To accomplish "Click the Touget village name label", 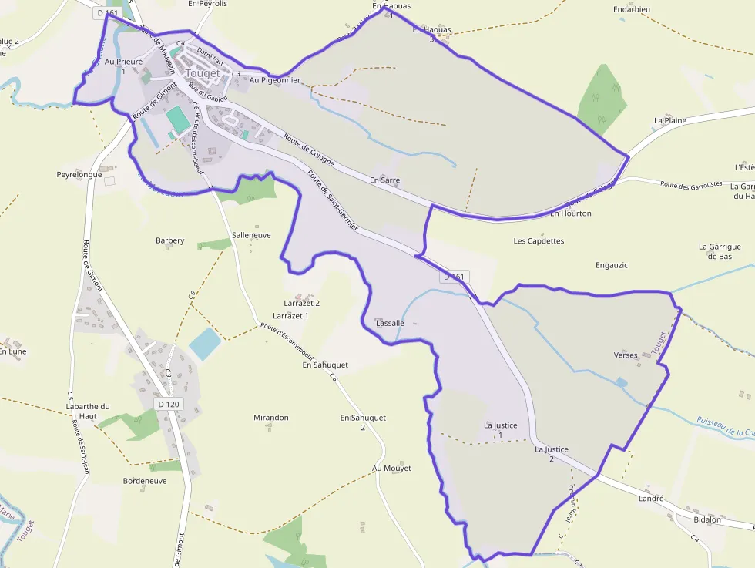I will pos(203,73).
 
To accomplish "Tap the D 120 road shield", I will pos(168,404).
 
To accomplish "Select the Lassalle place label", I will pos(390,323).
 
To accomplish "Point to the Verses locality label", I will pos(626,355).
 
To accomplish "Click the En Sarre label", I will pos(385,180).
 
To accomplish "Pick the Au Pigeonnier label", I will pos(275,79).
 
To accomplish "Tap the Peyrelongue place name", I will pos(79,175).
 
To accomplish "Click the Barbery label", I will pos(170,240).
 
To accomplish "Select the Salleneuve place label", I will pos(251,235).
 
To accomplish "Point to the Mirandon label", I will pos(271,418).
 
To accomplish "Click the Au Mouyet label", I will pos(391,468).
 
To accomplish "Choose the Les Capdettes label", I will pos(539,240).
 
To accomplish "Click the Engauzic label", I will pos(612,265).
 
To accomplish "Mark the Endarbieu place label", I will pos(632,9).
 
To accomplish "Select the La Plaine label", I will pos(669,121).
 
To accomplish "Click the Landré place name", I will pos(651,499).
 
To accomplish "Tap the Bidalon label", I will pos(707,519).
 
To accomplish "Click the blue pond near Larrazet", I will pos(203,344).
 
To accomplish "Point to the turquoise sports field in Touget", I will pos(176,119).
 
